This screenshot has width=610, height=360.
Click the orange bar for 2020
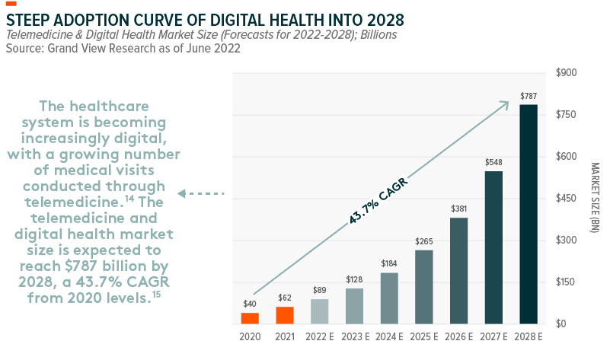(250, 318)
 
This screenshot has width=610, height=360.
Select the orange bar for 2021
(285, 315)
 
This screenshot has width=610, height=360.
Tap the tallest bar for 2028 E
(529, 214)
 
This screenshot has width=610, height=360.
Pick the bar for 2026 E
(458, 271)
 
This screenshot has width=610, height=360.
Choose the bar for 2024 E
(389, 298)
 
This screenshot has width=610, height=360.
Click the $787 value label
(529, 96)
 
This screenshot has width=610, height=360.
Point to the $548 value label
(493, 162)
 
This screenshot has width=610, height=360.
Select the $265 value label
(424, 241)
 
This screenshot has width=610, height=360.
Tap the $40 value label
(250, 304)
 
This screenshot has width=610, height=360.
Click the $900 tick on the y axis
(567, 73)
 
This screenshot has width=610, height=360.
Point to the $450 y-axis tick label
(567, 199)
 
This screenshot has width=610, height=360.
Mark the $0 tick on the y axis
(562, 324)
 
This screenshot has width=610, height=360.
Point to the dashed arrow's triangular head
(182, 194)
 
